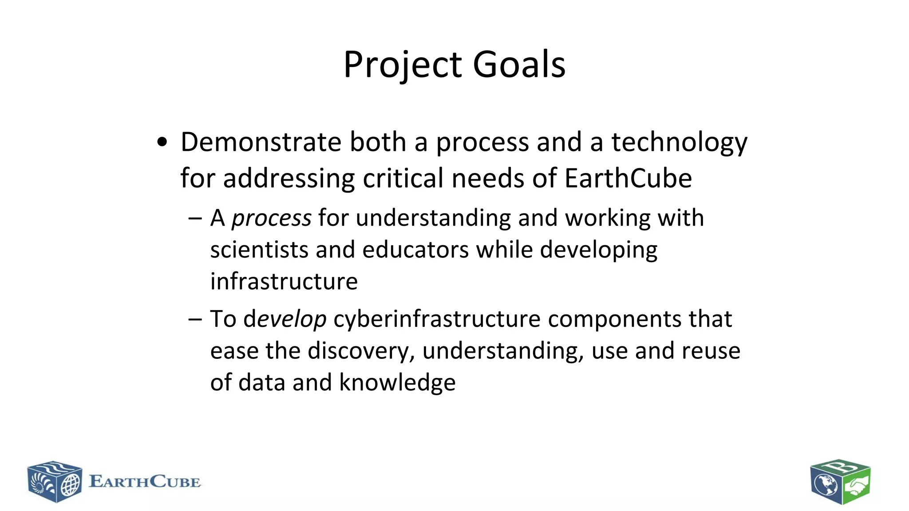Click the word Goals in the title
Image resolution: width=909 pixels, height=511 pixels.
tap(519, 65)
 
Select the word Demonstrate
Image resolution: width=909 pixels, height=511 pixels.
tap(261, 142)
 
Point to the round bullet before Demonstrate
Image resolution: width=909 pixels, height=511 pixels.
tap(162, 142)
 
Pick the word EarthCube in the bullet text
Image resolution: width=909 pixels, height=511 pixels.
tap(628, 178)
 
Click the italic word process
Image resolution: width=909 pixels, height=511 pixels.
tap(271, 218)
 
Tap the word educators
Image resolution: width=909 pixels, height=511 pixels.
tap(415, 250)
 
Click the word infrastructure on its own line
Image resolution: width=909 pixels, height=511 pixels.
tap(284, 282)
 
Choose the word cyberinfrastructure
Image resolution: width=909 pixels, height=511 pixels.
tap(437, 319)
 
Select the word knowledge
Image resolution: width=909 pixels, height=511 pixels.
tap(397, 382)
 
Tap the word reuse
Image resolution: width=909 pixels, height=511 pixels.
tap(711, 351)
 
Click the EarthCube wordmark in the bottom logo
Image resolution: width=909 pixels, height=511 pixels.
tap(145, 482)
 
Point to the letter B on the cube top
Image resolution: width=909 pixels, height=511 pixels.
tap(840, 468)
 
